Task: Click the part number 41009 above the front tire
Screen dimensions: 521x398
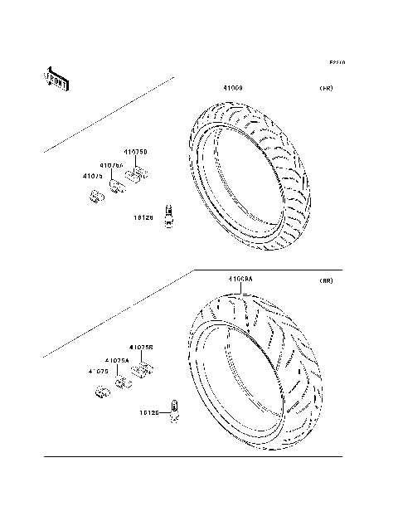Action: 231,87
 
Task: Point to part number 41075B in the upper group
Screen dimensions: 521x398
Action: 136,153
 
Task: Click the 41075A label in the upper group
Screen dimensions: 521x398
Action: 112,165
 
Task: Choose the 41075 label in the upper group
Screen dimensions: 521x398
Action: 92,176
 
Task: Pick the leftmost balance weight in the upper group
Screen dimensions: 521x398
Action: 95,196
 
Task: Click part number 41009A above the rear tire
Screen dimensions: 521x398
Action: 240,279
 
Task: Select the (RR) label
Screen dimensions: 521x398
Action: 326,281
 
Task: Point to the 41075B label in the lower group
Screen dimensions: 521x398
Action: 141,348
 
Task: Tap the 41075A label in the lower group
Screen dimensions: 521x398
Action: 117,360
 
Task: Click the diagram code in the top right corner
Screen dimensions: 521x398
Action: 337,62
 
